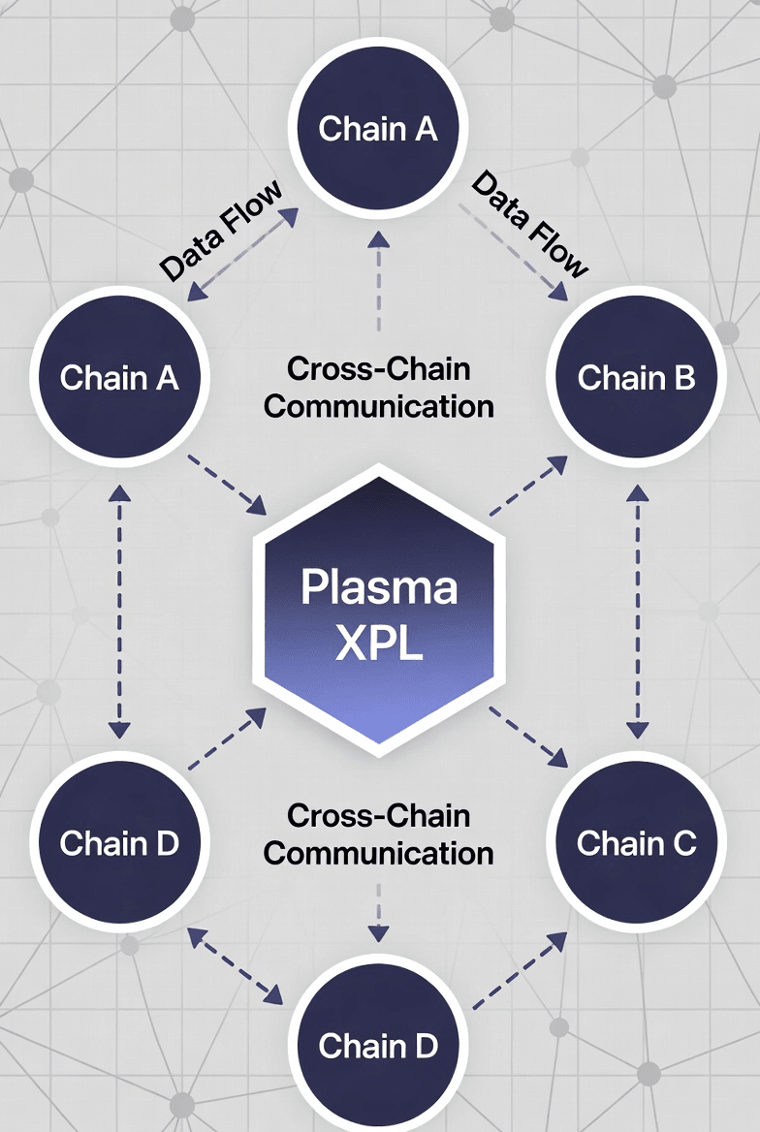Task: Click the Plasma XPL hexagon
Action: (378, 611)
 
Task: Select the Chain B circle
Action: (637, 377)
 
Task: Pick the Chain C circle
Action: (637, 843)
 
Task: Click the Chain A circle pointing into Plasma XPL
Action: (119, 377)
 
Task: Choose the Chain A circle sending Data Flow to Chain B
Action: (378, 128)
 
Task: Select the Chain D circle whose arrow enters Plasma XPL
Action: (119, 843)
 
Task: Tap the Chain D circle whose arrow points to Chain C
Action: (378, 1046)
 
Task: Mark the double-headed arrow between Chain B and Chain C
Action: (637, 611)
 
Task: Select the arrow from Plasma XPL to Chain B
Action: (528, 487)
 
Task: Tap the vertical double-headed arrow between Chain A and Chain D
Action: (119, 611)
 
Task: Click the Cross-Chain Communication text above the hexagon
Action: (378, 387)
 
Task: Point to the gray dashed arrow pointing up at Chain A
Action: (378, 281)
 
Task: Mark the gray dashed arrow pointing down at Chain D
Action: (378, 916)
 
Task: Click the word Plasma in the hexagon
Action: (378, 587)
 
